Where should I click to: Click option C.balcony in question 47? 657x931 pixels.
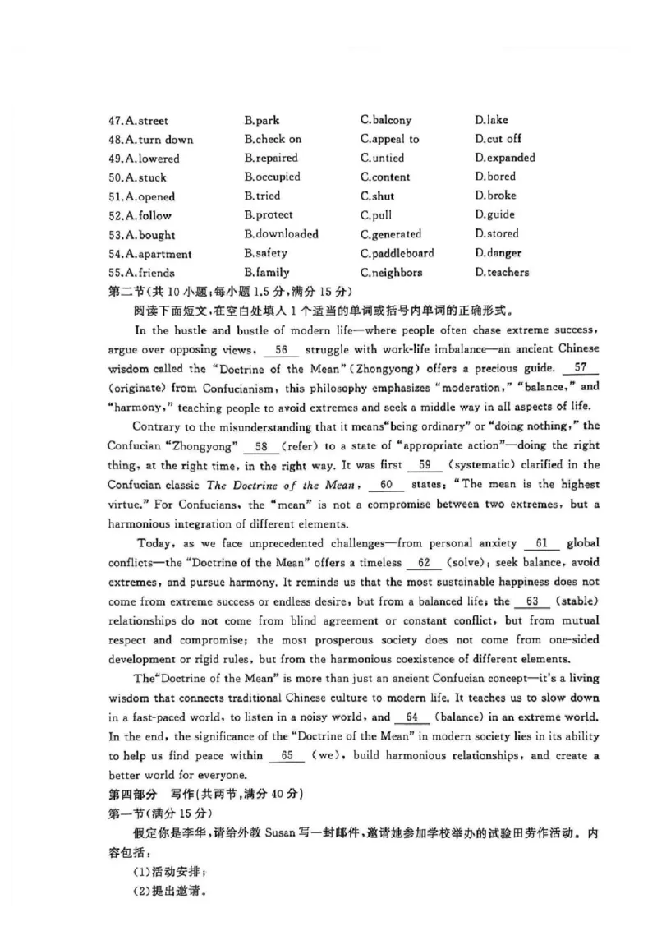[x=385, y=120]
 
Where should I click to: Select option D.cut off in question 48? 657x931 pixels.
[x=497, y=139]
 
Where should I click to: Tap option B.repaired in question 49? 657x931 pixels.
[x=270, y=158]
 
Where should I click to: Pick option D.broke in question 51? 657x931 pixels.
[x=495, y=196]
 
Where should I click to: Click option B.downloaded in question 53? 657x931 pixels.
[x=281, y=234]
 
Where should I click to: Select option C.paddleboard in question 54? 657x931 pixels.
[x=397, y=253]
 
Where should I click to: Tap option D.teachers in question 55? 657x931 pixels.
[x=501, y=272]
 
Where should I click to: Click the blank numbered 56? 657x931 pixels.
[x=282, y=350]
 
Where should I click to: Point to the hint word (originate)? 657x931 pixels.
[x=136, y=387]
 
